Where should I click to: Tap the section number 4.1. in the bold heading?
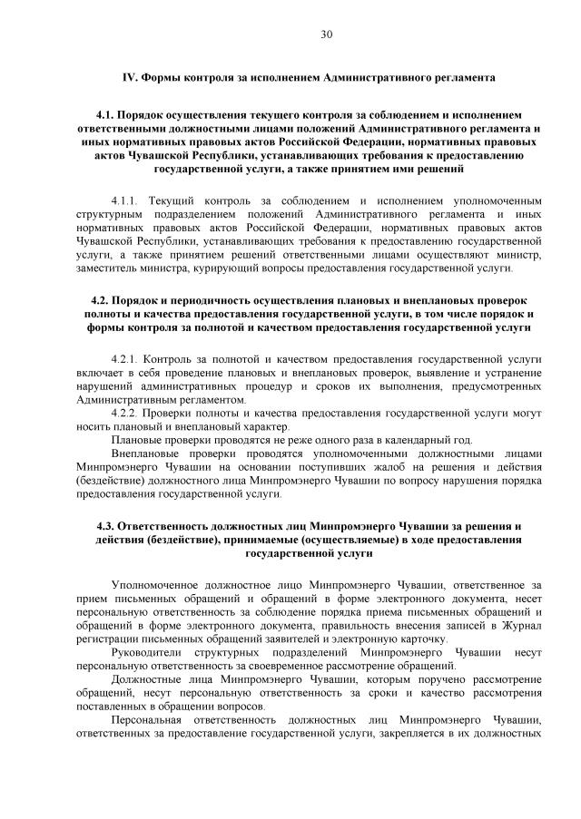[106, 116]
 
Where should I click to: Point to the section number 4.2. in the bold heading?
[103, 299]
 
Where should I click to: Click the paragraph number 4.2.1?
[125, 359]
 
